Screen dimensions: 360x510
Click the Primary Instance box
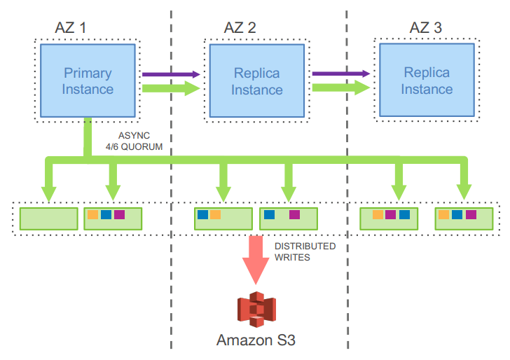pyautogui.click(x=88, y=81)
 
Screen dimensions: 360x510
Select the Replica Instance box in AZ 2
pyautogui.click(x=256, y=81)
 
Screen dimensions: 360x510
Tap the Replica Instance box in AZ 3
pyautogui.click(x=427, y=81)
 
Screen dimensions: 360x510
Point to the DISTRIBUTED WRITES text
pyautogui.click(x=304, y=251)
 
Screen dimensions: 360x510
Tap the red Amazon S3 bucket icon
pyautogui.click(x=256, y=311)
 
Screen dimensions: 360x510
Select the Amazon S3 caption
pyautogui.click(x=256, y=341)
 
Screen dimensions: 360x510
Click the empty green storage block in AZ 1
pyautogui.click(x=48, y=218)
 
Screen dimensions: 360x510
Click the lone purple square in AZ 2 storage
pyautogui.click(x=294, y=214)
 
